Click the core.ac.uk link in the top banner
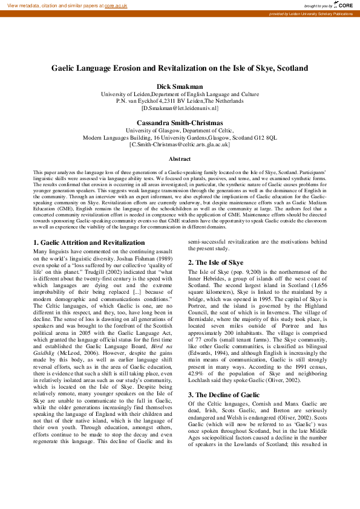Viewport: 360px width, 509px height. (x=116, y=5)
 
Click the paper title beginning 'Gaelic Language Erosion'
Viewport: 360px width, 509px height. (x=180, y=69)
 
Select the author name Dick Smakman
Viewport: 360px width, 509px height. (x=180, y=87)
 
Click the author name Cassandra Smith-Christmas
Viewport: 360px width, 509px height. (x=180, y=123)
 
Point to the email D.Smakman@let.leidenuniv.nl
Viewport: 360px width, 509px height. (x=180, y=108)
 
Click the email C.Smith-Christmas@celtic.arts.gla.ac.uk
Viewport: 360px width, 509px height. (x=180, y=144)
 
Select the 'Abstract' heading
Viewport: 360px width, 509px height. (x=180, y=159)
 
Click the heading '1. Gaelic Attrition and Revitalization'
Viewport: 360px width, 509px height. (x=88, y=242)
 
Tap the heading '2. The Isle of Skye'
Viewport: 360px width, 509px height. (x=215, y=262)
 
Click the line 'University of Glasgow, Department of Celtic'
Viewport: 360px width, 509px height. (x=180, y=130)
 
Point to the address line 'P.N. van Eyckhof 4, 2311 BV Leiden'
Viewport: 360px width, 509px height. (x=180, y=101)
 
